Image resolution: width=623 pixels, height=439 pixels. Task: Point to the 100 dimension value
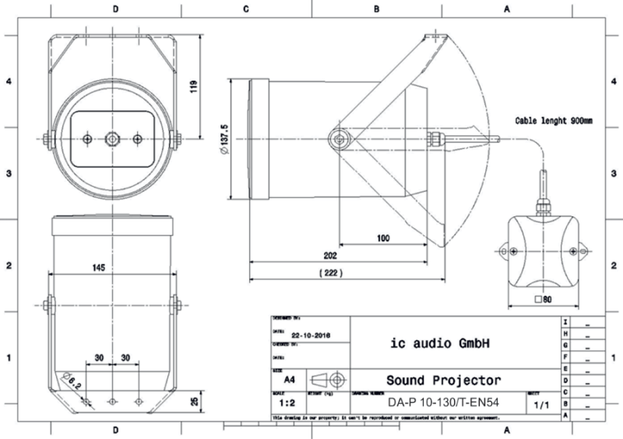click(x=382, y=239)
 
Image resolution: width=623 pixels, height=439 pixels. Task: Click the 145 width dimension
click(x=98, y=268)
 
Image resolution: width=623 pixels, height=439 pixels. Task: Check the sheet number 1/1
click(x=540, y=405)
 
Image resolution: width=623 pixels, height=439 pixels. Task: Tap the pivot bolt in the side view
click(x=339, y=139)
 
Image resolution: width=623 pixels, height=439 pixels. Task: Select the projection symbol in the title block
click(x=328, y=380)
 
